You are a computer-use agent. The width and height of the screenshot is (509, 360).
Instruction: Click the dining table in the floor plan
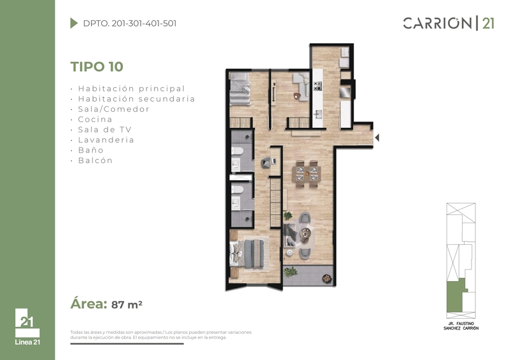click(x=307, y=174)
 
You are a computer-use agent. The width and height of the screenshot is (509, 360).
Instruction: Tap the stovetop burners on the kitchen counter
click(x=317, y=86)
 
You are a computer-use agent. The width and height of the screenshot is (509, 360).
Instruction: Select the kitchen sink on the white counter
click(x=317, y=114)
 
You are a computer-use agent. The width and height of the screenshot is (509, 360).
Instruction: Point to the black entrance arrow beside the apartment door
click(x=377, y=137)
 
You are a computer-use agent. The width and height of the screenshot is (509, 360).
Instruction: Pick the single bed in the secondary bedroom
click(x=241, y=88)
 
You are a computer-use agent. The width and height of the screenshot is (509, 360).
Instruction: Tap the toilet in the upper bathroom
click(x=237, y=151)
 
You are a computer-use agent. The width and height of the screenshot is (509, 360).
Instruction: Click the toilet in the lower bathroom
click(x=237, y=190)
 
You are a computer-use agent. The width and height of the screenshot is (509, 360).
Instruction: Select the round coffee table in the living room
click(x=305, y=232)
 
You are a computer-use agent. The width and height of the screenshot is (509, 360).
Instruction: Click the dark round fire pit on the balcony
click(x=327, y=279)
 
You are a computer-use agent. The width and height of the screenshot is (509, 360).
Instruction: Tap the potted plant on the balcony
click(x=290, y=272)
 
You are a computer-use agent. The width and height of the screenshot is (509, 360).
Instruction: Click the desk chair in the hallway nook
click(x=266, y=162)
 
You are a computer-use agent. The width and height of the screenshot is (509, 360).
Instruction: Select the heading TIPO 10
click(x=97, y=67)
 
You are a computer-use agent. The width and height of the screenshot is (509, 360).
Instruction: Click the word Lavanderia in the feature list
click(x=106, y=140)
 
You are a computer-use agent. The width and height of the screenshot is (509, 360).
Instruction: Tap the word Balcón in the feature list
click(x=95, y=160)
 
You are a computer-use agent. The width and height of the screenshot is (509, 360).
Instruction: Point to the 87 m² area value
click(x=127, y=305)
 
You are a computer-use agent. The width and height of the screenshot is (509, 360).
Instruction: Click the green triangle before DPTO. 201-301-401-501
click(x=74, y=23)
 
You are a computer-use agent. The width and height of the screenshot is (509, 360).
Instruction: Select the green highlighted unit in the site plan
click(x=456, y=296)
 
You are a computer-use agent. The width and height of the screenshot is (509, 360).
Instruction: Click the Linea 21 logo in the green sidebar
click(x=27, y=326)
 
